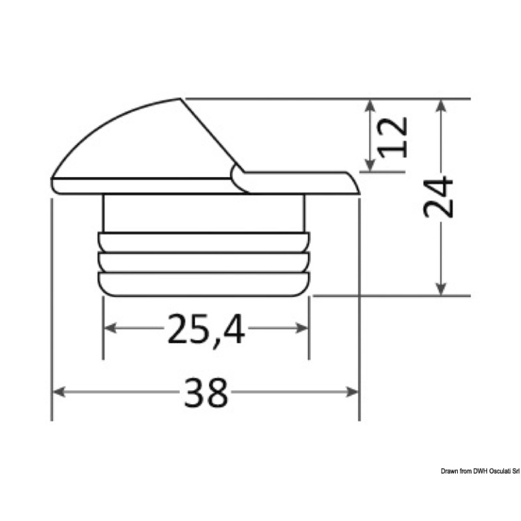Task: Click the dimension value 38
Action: coord(206,392)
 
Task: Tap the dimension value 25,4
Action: coord(206,329)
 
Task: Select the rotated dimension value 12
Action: coord(392,137)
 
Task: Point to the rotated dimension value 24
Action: coord(438,197)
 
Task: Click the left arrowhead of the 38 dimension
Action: coord(58,391)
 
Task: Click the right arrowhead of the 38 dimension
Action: coord(352,391)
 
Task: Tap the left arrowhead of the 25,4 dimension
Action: coord(110,328)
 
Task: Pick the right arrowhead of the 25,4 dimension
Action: coord(302,328)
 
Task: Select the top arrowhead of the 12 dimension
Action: coord(370,106)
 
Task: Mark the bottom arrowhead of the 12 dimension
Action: coord(370,165)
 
